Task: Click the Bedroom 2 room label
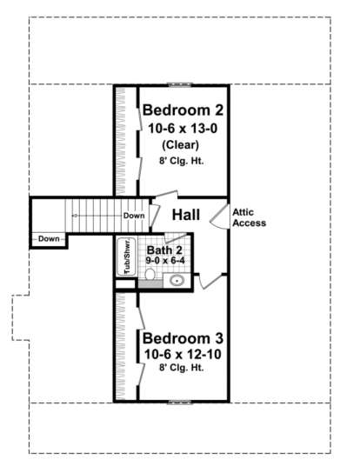[x=183, y=110]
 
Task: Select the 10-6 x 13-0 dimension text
[x=183, y=129]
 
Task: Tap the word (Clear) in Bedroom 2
[x=181, y=145]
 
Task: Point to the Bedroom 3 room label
[x=183, y=338]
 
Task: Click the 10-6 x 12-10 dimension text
[x=183, y=354]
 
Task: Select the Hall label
[x=186, y=215]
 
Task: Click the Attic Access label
[x=249, y=217]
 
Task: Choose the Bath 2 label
[x=164, y=250]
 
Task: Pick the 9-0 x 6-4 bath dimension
[x=165, y=261]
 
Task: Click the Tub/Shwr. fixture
[x=127, y=256]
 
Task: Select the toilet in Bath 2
[x=150, y=274]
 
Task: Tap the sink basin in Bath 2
[x=177, y=280]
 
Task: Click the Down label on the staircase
[x=134, y=216]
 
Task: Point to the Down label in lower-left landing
[x=49, y=238]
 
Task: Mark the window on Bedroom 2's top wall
[x=180, y=84]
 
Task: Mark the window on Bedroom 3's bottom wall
[x=179, y=403]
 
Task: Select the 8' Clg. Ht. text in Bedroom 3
[x=182, y=368]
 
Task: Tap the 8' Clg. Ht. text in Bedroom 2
[x=182, y=161]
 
